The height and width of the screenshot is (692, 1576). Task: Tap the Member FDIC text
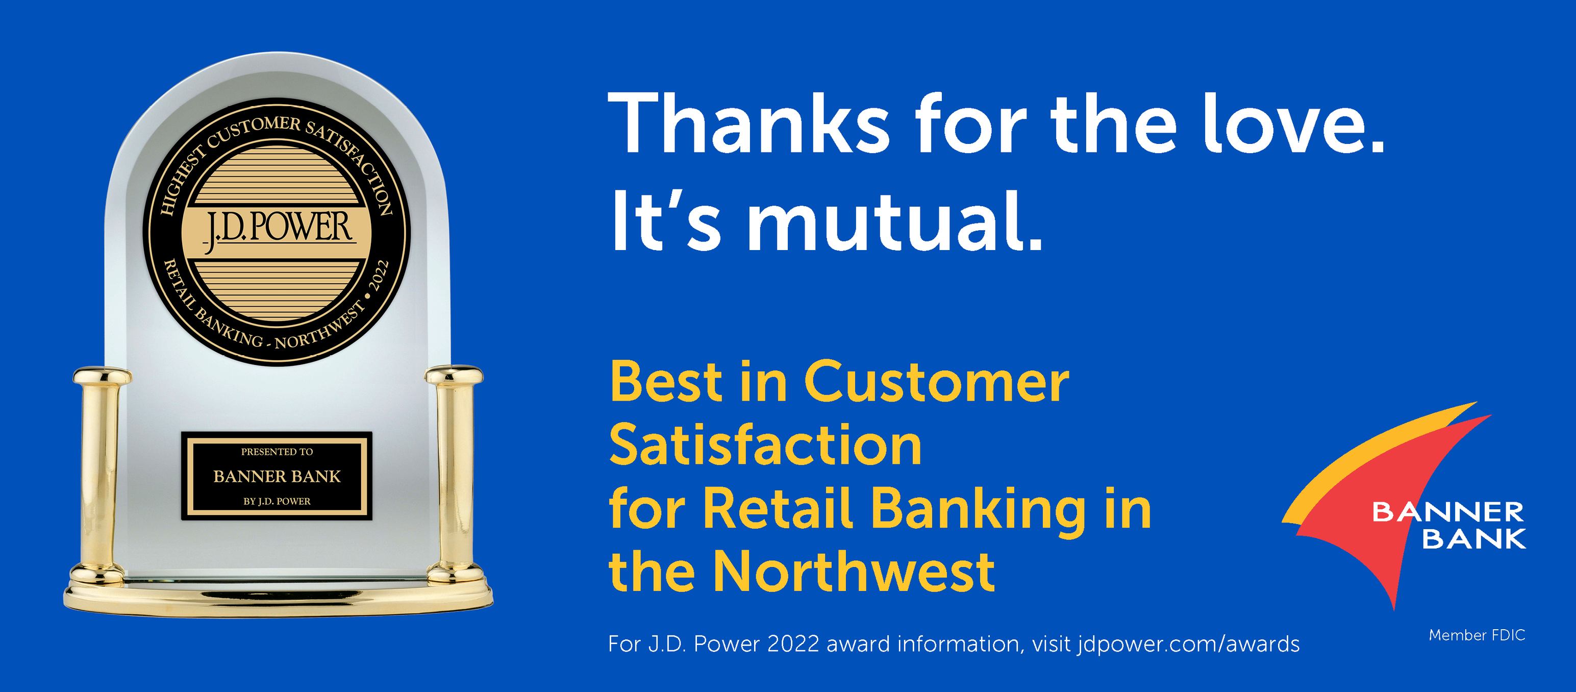click(x=1477, y=636)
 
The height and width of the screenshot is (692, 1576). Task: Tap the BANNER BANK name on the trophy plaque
click(x=277, y=477)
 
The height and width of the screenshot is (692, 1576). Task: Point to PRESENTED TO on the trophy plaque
click(x=277, y=452)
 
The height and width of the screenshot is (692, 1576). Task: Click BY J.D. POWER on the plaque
click(x=277, y=501)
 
